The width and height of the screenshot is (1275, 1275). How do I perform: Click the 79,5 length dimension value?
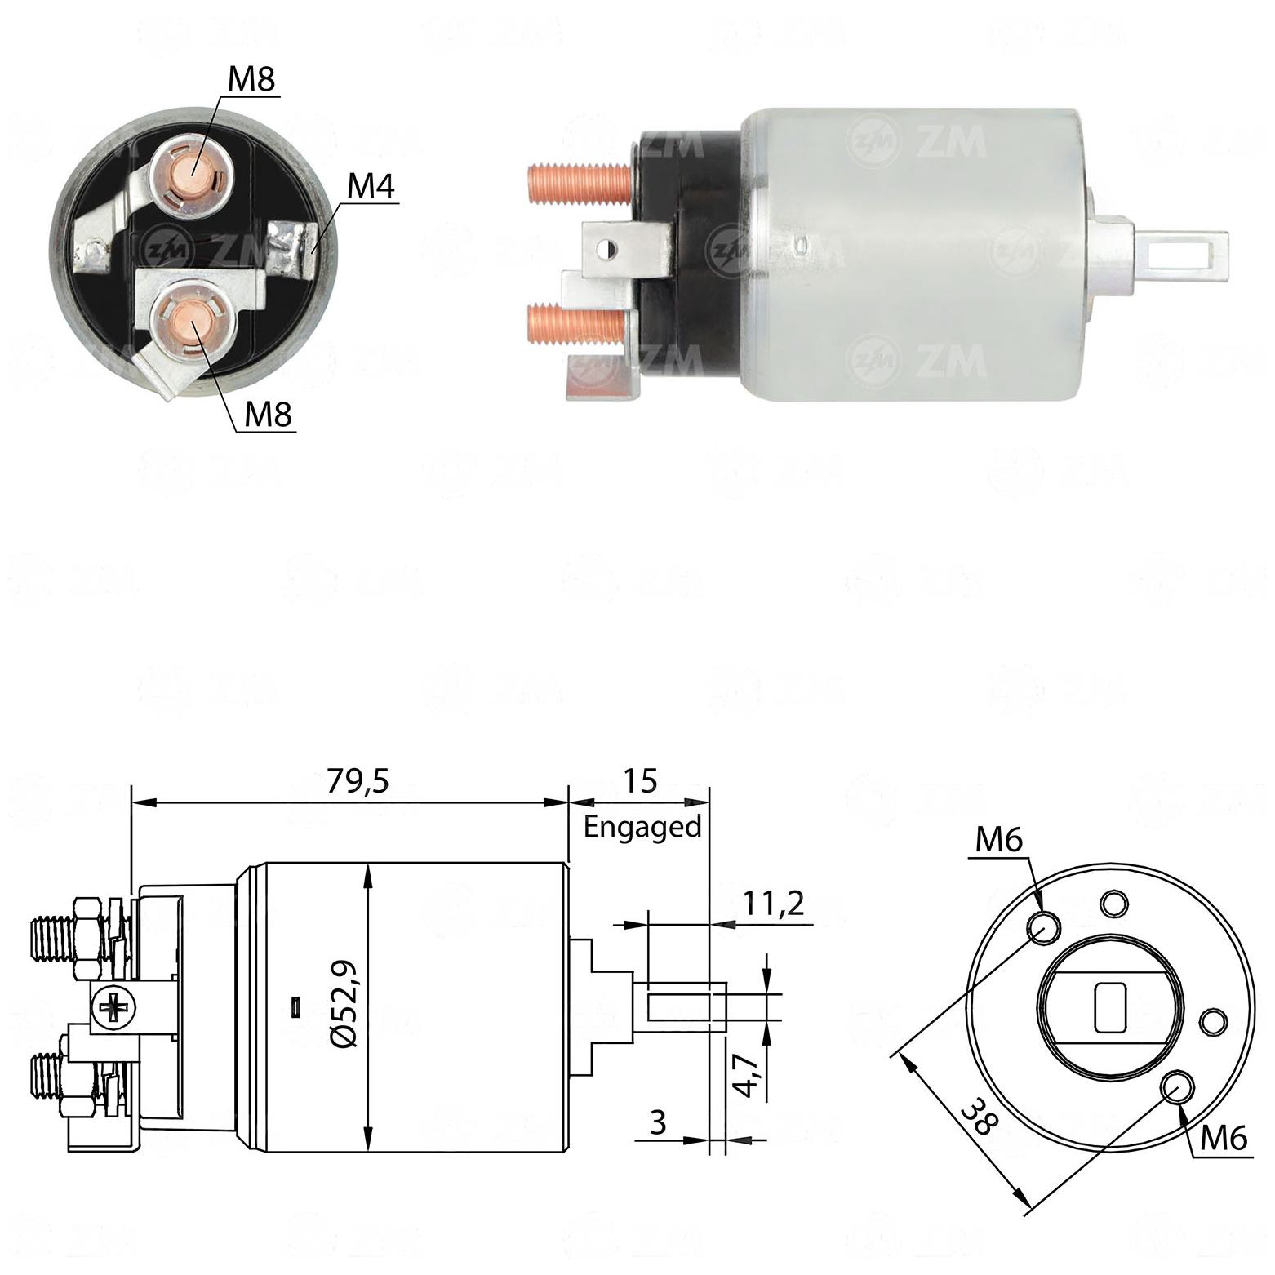(x=358, y=781)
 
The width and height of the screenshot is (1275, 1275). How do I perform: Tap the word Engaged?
(x=642, y=828)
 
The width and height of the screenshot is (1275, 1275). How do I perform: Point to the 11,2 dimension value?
(x=773, y=904)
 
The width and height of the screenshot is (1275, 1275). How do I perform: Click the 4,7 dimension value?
(x=748, y=1075)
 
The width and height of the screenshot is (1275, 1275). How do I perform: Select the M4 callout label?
(x=371, y=187)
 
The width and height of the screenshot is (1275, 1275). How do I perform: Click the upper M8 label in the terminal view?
(x=251, y=78)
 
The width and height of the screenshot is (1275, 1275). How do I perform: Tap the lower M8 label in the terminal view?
(x=269, y=414)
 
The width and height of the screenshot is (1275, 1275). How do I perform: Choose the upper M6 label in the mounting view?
(x=998, y=840)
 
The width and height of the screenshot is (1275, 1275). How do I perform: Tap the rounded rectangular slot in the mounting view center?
(x=1109, y=1006)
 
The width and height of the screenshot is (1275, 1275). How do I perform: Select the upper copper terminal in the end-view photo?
(x=195, y=170)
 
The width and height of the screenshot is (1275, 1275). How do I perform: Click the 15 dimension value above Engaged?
(x=641, y=781)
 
